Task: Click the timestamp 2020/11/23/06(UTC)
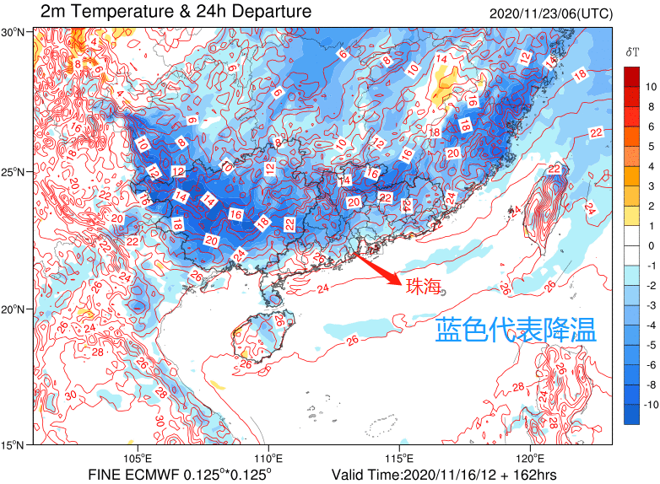click(x=551, y=13)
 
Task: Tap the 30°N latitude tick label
click(x=16, y=32)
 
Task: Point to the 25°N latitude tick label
click(x=16, y=172)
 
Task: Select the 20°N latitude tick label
click(x=16, y=309)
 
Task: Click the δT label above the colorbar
click(x=632, y=52)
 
